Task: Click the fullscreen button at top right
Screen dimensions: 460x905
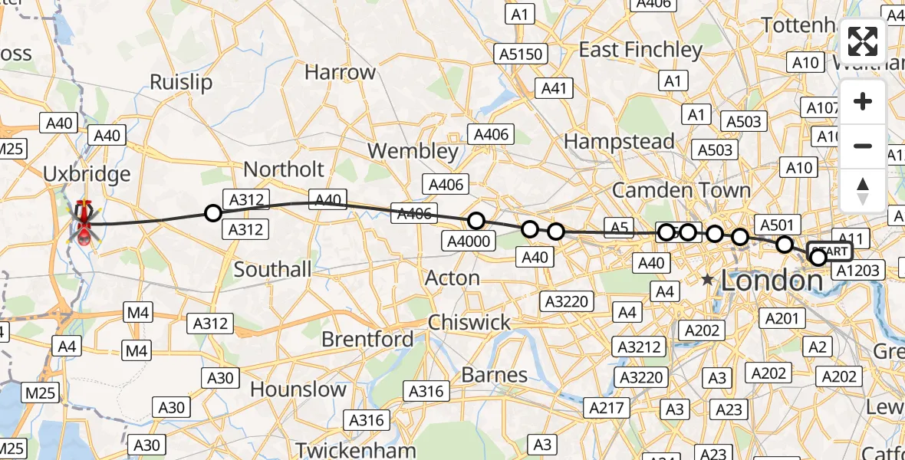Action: point(863,41)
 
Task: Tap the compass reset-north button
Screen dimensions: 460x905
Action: point(863,190)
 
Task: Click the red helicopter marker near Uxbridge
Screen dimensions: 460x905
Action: point(84,223)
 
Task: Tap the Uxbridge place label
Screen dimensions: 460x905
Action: point(87,174)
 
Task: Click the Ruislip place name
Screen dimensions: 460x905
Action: point(181,82)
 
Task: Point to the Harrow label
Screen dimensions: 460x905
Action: point(341,73)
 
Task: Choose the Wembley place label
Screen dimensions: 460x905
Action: point(413,150)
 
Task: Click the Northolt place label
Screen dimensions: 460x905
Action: point(285,169)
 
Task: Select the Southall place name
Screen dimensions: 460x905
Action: point(273,270)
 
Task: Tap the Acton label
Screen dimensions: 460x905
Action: point(452,278)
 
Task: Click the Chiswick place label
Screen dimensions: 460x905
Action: point(469,322)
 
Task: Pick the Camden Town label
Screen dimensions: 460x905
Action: point(682,189)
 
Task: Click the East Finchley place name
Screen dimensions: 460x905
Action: point(640,51)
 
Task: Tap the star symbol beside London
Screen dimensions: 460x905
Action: point(707,281)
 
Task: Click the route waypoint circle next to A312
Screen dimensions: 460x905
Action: point(213,213)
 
